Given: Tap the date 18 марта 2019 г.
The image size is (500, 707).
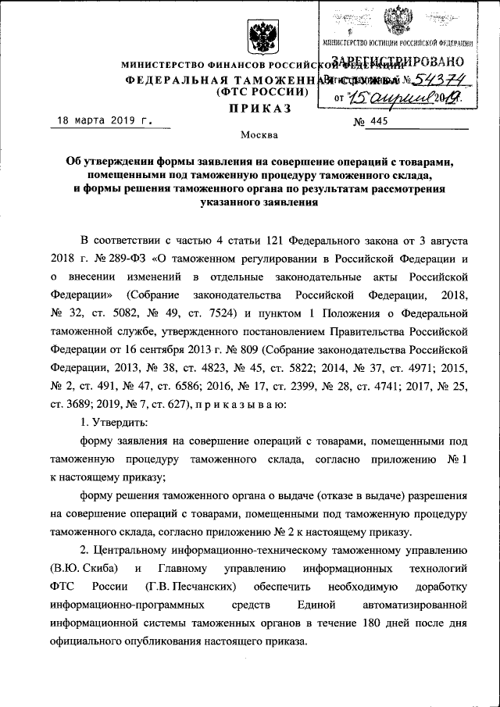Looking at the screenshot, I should [102, 121].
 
